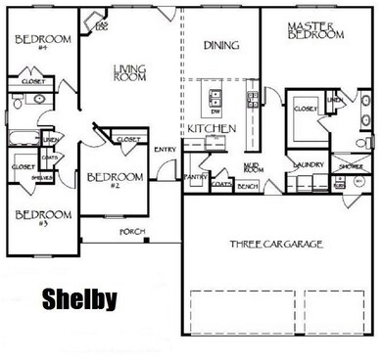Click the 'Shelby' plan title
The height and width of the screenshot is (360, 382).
tap(78, 297)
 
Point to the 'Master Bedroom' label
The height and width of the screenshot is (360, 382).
tap(315, 29)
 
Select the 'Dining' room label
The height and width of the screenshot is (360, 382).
tap(221, 44)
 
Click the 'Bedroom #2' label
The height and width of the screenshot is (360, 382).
tap(115, 180)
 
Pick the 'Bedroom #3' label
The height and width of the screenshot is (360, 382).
tap(41, 218)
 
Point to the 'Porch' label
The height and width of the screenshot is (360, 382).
tap(131, 232)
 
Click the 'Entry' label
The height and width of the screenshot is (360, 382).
tap(166, 150)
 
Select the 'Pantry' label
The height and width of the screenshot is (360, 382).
tap(196, 177)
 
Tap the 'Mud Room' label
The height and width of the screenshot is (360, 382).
tap(252, 167)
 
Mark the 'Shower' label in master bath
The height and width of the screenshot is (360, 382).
tap(349, 166)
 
